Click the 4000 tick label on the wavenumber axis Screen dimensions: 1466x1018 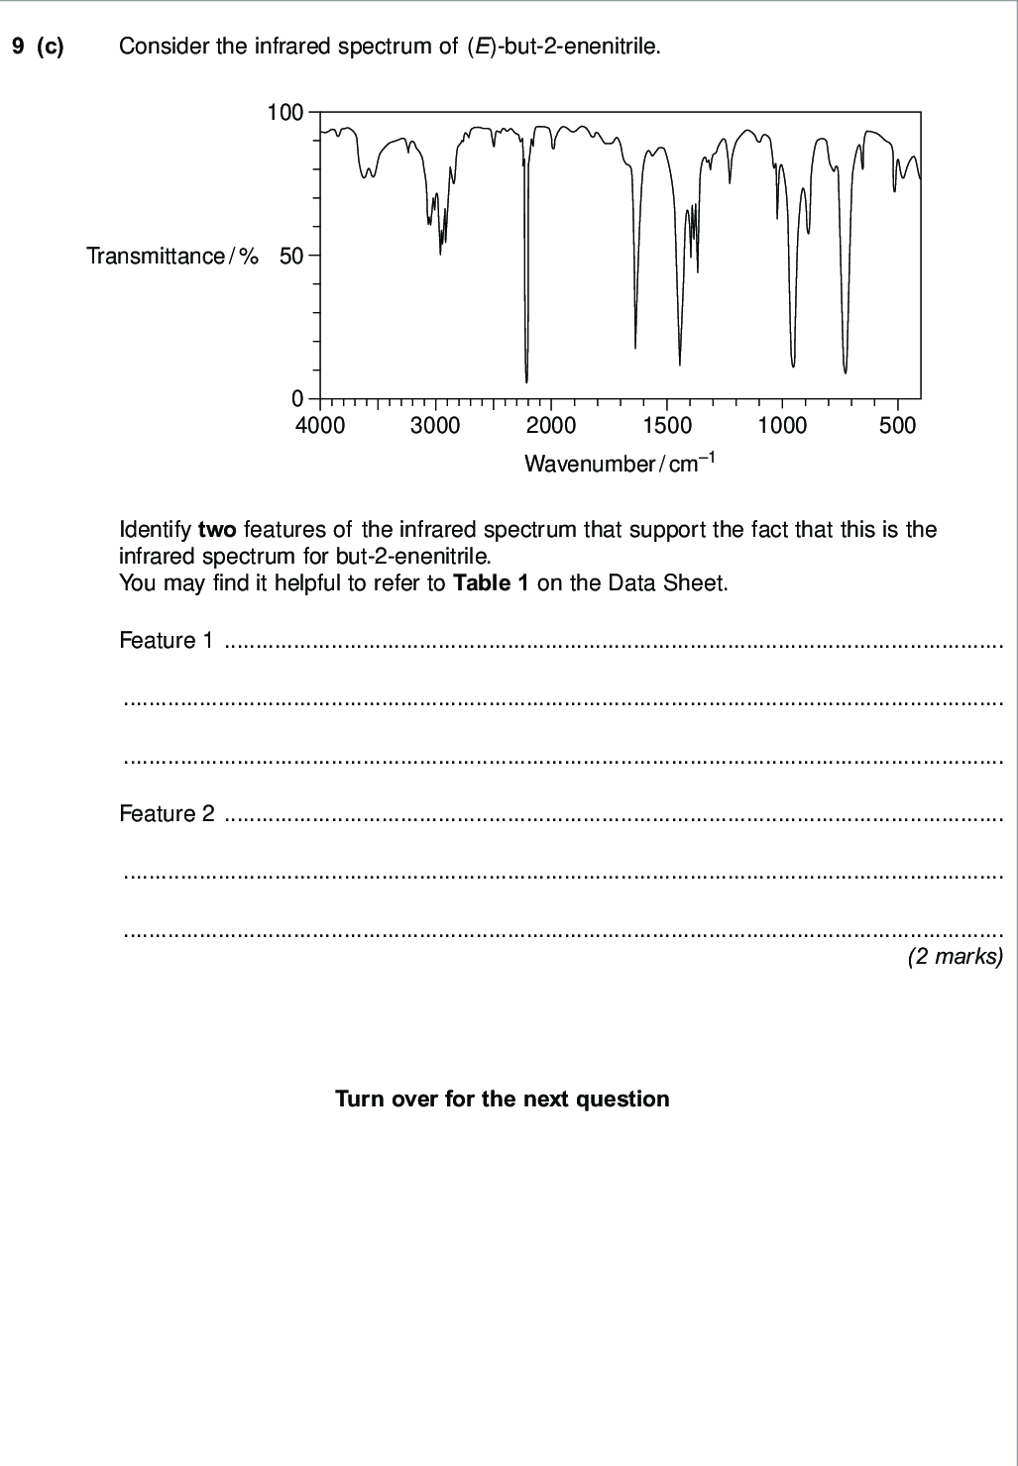point(319,426)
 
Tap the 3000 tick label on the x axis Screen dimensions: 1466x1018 point(435,426)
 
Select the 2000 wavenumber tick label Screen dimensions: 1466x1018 point(550,426)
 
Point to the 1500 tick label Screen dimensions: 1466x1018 point(666,426)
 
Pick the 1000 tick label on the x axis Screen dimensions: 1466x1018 point(782,426)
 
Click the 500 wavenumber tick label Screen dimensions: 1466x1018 point(898,426)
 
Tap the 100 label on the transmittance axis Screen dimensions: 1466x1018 point(284,113)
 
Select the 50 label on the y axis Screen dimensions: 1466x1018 point(291,257)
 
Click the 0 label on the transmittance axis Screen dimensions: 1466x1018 point(297,399)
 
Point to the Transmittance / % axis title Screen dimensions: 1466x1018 point(171,257)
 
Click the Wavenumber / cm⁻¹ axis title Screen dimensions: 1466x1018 point(619,463)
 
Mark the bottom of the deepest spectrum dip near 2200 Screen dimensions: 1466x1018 point(526,381)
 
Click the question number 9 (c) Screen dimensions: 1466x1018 point(38,47)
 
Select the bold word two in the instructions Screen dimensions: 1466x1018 point(217,529)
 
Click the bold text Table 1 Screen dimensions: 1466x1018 point(491,582)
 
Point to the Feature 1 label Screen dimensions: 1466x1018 point(166,641)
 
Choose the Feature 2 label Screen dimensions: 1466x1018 point(166,814)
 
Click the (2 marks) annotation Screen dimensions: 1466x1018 point(956,957)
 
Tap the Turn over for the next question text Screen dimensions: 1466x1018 point(502,1099)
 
